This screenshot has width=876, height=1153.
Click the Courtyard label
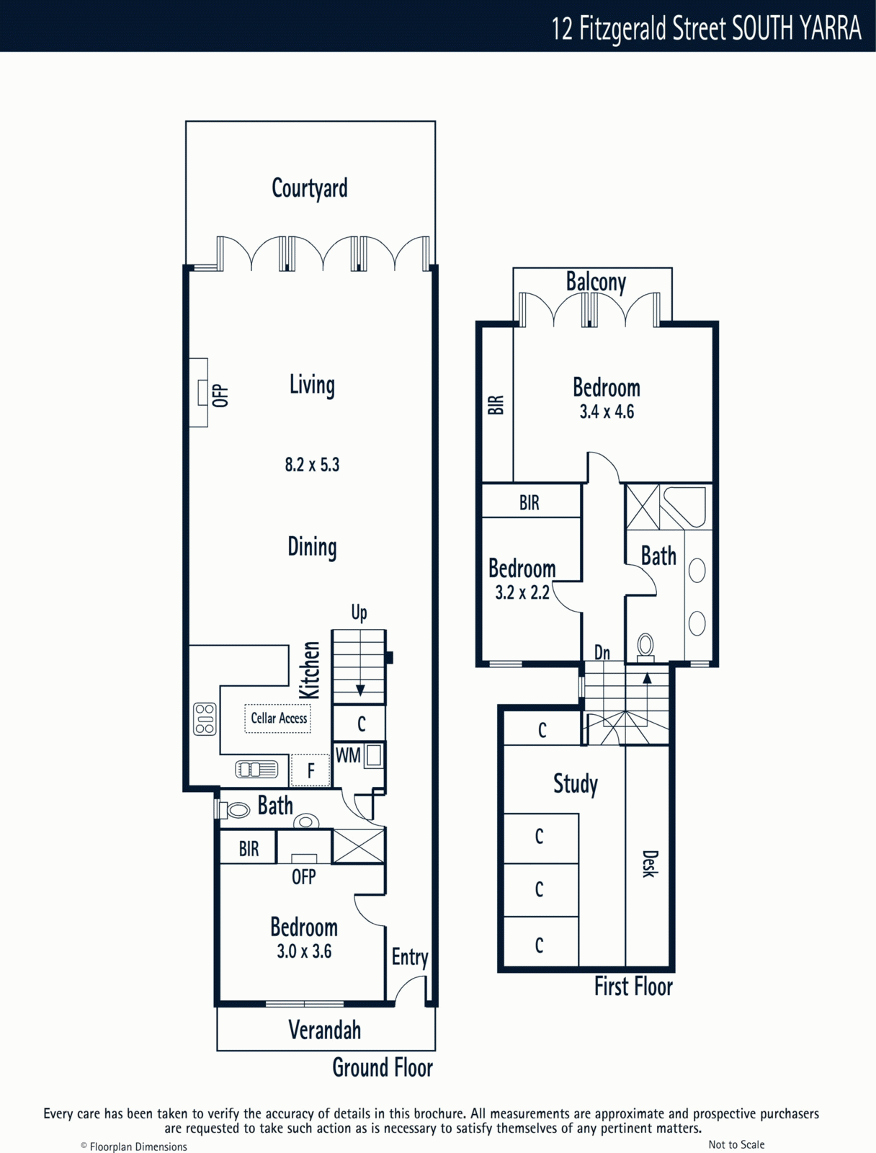(310, 189)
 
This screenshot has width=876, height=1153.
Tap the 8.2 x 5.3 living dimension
(313, 465)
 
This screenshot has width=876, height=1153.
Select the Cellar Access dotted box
(277, 718)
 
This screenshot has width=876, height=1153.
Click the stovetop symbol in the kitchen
(205, 718)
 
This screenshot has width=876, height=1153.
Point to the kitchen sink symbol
(256, 770)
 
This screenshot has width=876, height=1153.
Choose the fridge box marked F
(310, 770)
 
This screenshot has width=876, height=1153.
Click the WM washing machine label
(348, 755)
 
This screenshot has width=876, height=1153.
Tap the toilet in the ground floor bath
(234, 810)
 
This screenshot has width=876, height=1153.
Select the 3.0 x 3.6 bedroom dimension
(305, 951)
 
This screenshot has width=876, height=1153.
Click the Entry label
(410, 956)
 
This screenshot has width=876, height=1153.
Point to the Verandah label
(325, 1030)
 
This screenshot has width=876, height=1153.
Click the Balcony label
(596, 282)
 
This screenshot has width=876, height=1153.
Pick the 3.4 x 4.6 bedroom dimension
(607, 411)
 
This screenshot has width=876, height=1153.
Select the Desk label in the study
(650, 864)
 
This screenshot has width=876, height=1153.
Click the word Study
(576, 784)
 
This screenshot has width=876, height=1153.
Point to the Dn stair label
(602, 653)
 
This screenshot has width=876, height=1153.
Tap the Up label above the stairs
(359, 613)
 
